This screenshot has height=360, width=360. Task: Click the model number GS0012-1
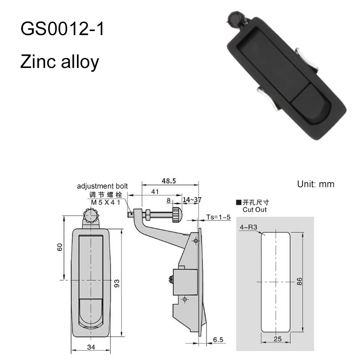(62, 29)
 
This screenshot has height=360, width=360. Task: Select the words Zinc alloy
(60, 62)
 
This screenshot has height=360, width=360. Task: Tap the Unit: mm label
(316, 184)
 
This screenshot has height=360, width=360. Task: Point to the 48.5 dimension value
(169, 181)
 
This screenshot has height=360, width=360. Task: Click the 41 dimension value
(155, 192)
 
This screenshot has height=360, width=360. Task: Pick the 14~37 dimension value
(192, 200)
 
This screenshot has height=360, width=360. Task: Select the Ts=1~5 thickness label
(218, 217)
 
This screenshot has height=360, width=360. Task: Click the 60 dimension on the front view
(60, 247)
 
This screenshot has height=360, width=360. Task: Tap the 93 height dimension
(117, 283)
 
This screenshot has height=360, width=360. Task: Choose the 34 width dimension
(91, 347)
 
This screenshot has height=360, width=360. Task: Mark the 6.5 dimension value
(218, 340)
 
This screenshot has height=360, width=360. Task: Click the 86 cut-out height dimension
(299, 281)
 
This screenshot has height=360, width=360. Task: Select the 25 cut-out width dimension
(278, 339)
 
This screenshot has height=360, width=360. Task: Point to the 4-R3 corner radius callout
(248, 227)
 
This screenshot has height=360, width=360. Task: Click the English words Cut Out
(254, 210)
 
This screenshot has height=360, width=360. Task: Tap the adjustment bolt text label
(102, 186)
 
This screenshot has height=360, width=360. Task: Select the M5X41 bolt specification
(105, 202)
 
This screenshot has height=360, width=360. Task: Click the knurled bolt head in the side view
(177, 215)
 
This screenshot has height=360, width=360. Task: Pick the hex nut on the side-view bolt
(147, 215)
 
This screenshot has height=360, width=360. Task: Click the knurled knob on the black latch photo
(234, 18)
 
